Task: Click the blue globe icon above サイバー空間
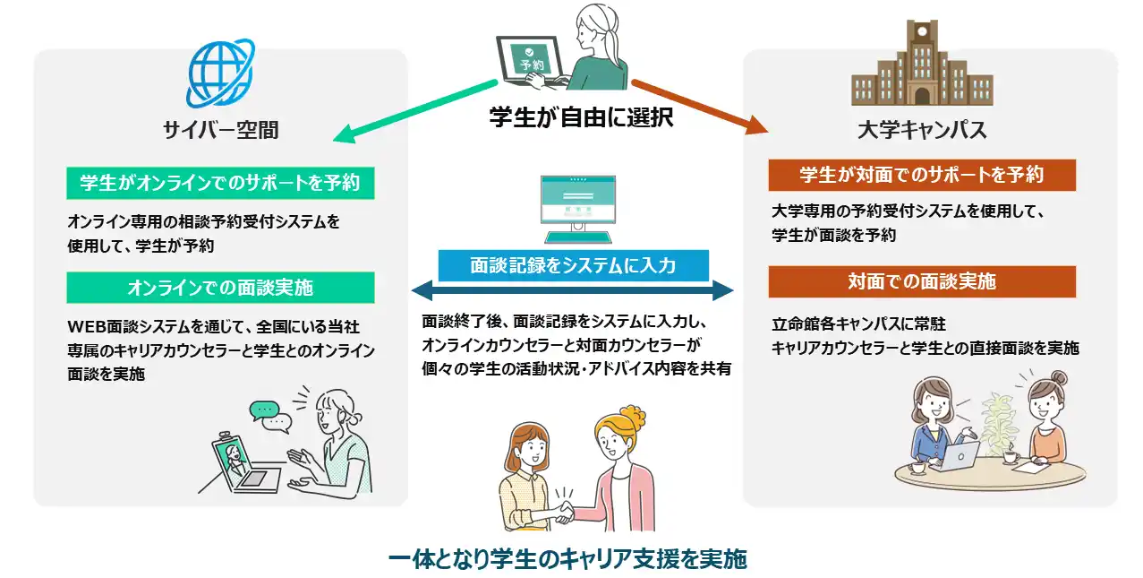[220, 73]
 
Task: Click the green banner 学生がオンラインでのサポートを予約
[220, 183]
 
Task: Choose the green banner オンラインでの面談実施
[220, 288]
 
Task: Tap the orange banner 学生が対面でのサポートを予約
[922, 175]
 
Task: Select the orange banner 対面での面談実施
[922, 281]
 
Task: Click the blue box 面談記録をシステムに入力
[573, 265]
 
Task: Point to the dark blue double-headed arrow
[572, 292]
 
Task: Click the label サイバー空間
[220, 130]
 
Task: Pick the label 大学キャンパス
[922, 130]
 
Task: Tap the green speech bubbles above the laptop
[270, 415]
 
